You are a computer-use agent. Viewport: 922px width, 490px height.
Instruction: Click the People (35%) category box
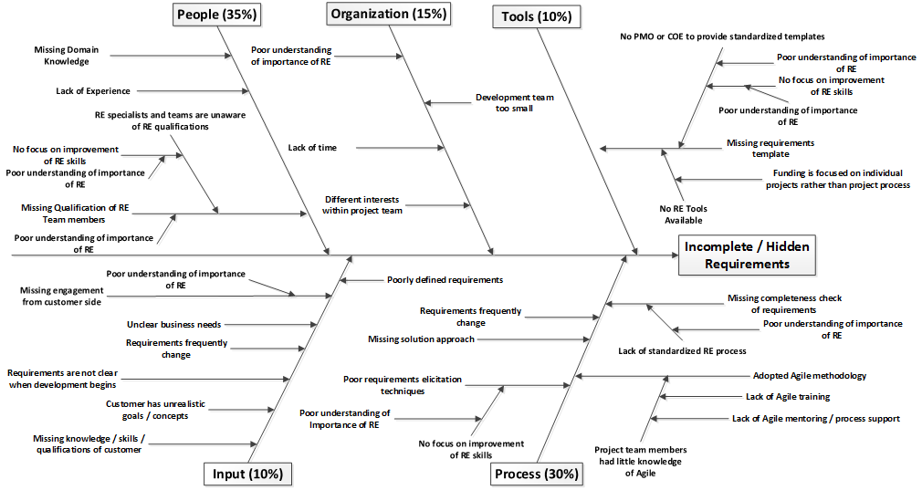pyautogui.click(x=217, y=15)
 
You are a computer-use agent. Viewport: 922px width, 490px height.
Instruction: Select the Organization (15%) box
pyautogui.click(x=389, y=14)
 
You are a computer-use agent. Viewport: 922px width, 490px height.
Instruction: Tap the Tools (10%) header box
pyautogui.click(x=536, y=16)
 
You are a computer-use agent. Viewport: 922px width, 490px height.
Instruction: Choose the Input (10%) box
pyautogui.click(x=247, y=474)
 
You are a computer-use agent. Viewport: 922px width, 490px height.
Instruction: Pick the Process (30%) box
pyautogui.click(x=536, y=474)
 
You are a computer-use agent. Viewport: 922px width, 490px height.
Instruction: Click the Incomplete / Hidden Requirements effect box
pyautogui.click(x=747, y=255)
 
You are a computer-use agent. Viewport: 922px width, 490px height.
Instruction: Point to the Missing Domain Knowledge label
pyautogui.click(x=67, y=56)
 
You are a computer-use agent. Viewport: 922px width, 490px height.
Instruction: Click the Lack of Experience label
pyautogui.click(x=93, y=91)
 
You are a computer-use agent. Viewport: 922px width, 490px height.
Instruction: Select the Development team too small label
pyautogui.click(x=515, y=103)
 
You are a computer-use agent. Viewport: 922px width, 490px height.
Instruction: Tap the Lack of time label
pyautogui.click(x=312, y=148)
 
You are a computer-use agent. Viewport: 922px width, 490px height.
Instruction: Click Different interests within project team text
pyautogui.click(x=362, y=205)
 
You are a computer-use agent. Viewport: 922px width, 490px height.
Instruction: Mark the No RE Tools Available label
pyautogui.click(x=683, y=214)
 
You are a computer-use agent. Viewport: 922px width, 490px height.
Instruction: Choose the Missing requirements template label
pyautogui.click(x=770, y=148)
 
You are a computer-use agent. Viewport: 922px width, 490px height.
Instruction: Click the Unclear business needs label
pyautogui.click(x=174, y=324)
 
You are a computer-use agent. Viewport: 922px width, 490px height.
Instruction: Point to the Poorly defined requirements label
pyautogui.click(x=445, y=280)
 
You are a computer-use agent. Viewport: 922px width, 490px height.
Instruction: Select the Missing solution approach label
pyautogui.click(x=421, y=339)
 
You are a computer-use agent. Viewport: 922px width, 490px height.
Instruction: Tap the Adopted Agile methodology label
pyautogui.click(x=810, y=375)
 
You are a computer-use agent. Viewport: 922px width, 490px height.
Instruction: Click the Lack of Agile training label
pyautogui.click(x=788, y=397)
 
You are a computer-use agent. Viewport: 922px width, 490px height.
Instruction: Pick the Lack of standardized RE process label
pyautogui.click(x=682, y=351)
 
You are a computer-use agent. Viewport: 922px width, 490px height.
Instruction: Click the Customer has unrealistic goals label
pyautogui.click(x=156, y=410)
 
